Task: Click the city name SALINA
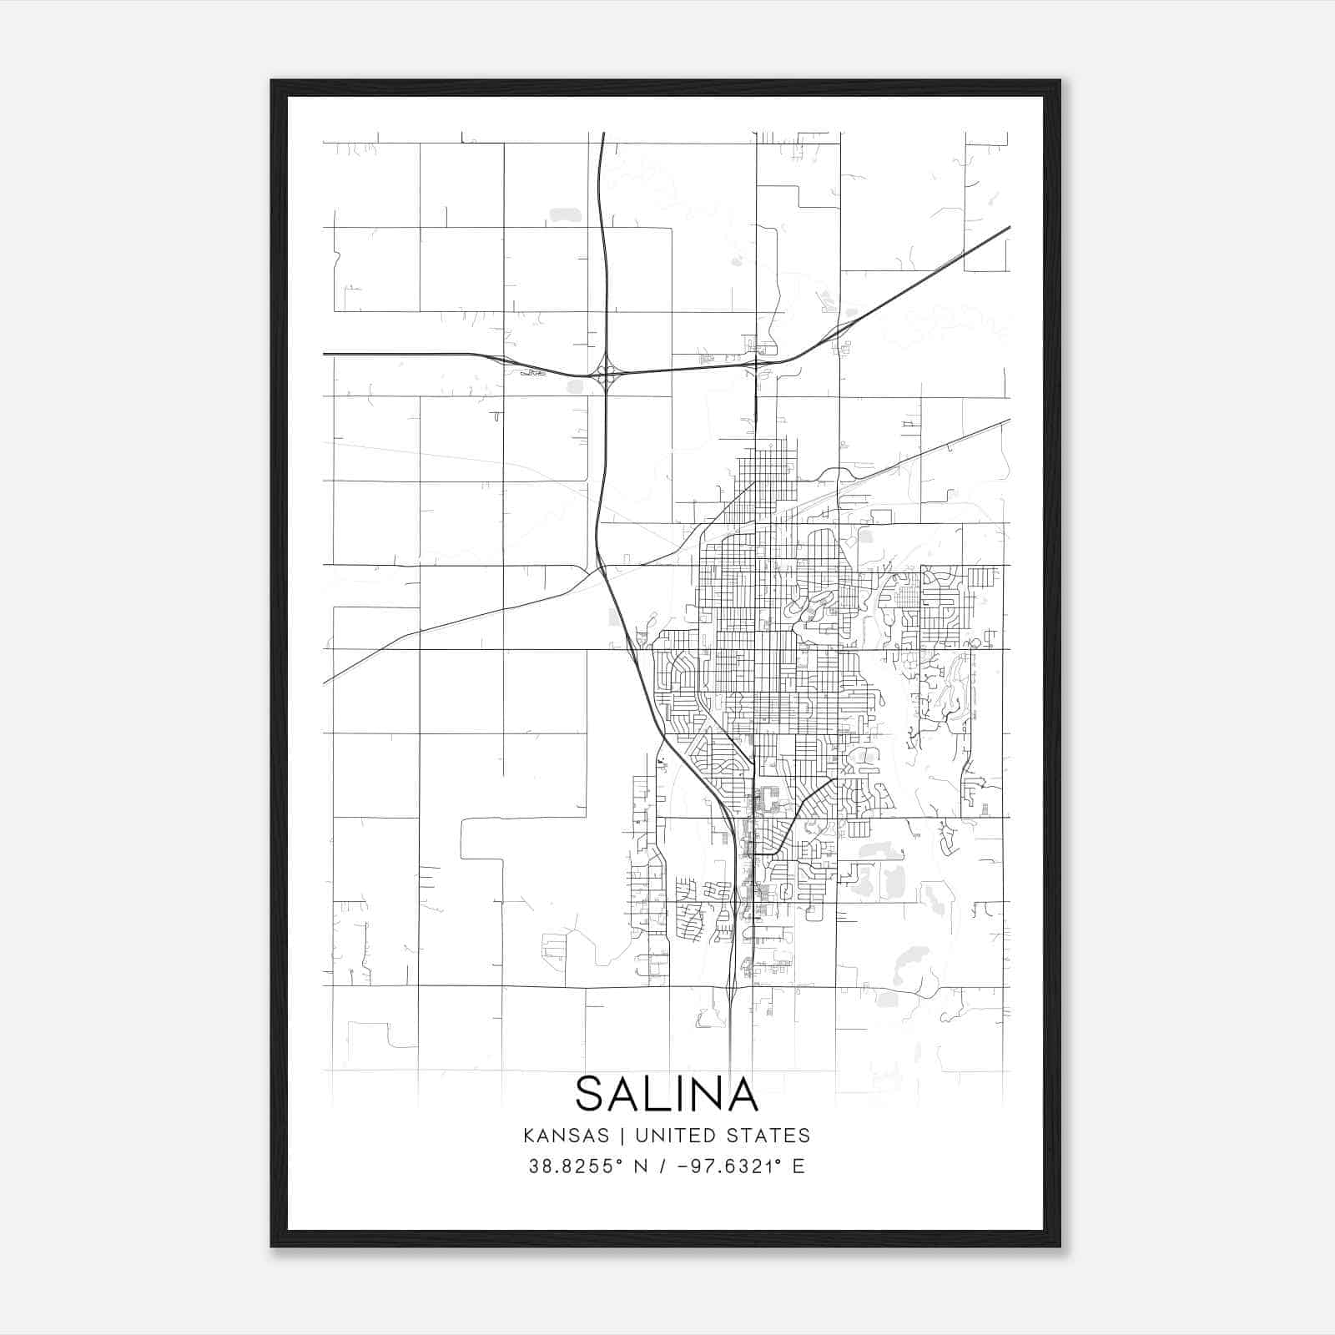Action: click(x=667, y=1094)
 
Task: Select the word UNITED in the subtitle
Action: click(x=675, y=1136)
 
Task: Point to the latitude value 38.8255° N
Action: click(x=589, y=1166)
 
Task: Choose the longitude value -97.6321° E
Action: click(x=735, y=1166)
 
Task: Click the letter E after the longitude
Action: click(x=798, y=1166)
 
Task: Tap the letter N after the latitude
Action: click(x=642, y=1166)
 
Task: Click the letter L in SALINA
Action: click(x=656, y=1094)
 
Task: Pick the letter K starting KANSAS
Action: click(x=530, y=1136)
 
